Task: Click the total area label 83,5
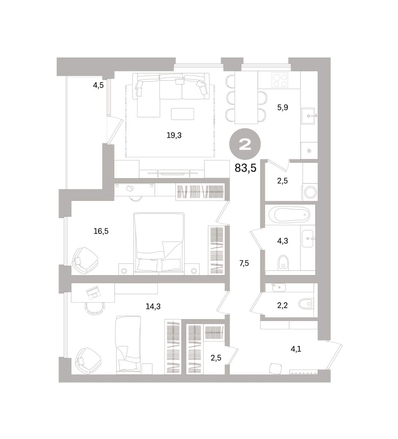[x=245, y=168]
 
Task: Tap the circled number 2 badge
[x=245, y=144]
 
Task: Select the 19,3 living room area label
[x=174, y=135]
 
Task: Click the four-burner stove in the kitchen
[x=279, y=80]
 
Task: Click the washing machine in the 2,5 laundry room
[x=310, y=192]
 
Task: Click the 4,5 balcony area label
[x=98, y=85]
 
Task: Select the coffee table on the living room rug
[x=183, y=114]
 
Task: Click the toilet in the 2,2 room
[x=305, y=304]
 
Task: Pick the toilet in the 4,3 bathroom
[x=283, y=262]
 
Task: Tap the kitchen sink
[x=309, y=116]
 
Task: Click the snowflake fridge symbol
[x=309, y=151]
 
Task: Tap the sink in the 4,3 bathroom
[x=308, y=238]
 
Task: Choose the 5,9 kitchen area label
[x=283, y=108]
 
